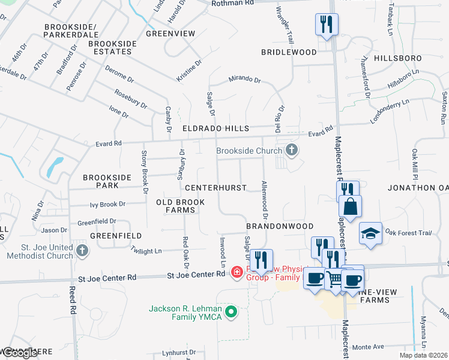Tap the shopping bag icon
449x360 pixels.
coord(351,206)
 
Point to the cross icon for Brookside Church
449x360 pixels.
coord(292,150)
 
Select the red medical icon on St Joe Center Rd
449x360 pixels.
coord(237,273)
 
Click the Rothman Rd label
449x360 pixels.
coord(232,4)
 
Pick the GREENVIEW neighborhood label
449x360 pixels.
coord(170,34)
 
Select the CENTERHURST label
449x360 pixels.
coord(215,188)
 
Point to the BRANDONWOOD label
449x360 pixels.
coord(280,226)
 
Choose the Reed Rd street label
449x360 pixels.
coord(73,300)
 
